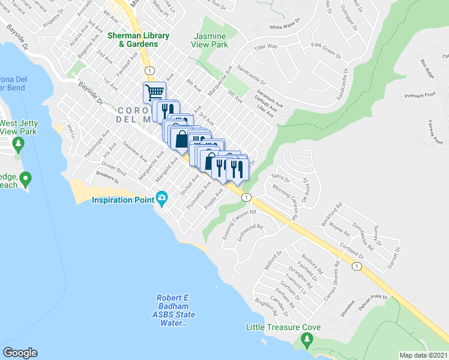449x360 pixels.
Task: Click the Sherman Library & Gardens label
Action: [x=133, y=40]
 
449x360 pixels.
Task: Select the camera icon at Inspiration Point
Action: [x=161, y=198]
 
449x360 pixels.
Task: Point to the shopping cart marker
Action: [x=154, y=92]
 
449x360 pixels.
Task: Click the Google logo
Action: [x=20, y=353]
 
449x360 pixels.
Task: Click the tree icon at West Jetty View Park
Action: [x=19, y=144]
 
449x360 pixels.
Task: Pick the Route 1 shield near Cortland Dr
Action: [x=357, y=266]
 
